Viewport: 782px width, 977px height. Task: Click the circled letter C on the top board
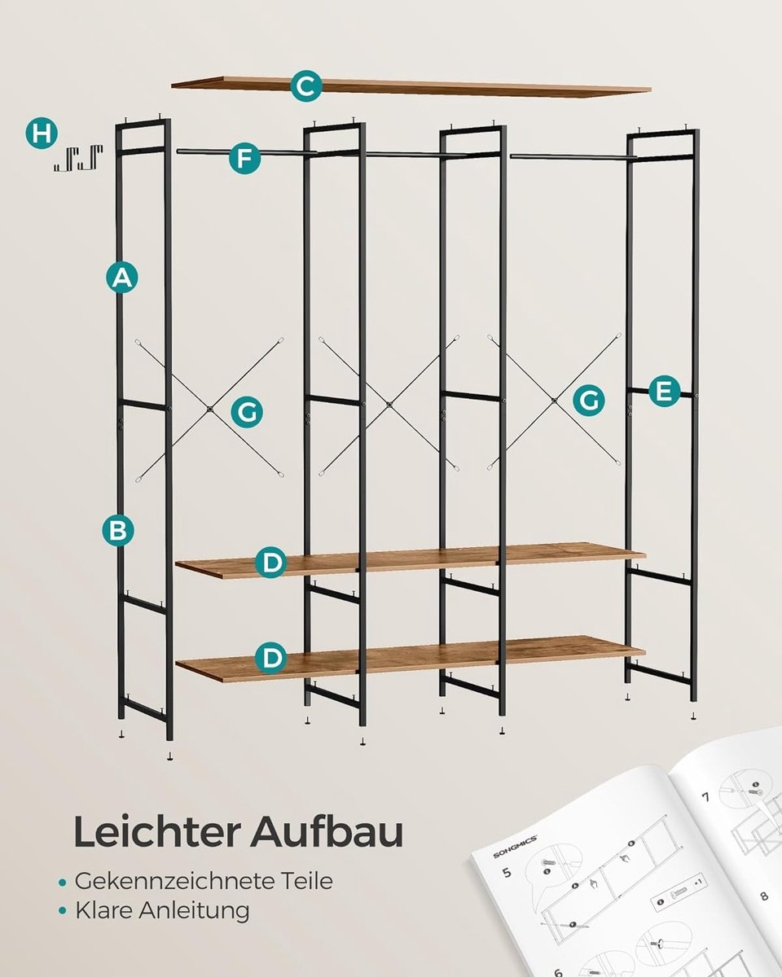(x=305, y=86)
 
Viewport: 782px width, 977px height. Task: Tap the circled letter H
(x=41, y=133)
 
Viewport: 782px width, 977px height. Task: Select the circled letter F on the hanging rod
(x=244, y=158)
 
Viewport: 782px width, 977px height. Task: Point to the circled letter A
(x=121, y=278)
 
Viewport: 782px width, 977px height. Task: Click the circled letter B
(x=118, y=531)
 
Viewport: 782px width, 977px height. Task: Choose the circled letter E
(x=665, y=392)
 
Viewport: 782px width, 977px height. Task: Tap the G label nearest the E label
(x=588, y=401)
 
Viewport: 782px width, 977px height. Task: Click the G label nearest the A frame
(x=246, y=412)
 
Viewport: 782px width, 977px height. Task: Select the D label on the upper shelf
(x=270, y=563)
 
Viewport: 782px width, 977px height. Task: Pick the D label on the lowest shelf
(x=270, y=657)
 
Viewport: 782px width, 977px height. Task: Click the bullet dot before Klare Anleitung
(x=63, y=911)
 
